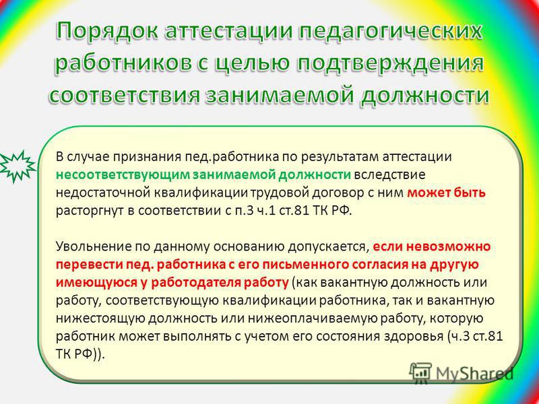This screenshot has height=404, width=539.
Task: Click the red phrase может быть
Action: [446, 193]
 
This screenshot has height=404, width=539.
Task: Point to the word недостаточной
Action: [108, 193]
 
